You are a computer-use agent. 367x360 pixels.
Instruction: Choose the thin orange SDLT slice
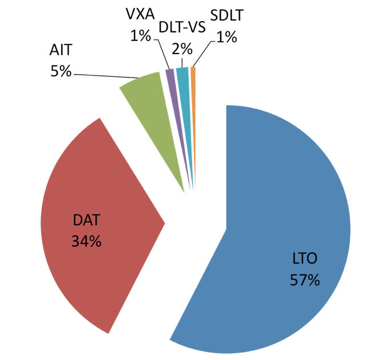tap(193, 85)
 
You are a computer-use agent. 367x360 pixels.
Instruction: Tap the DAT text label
tap(87, 220)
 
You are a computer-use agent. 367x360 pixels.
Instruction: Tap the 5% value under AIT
tap(60, 72)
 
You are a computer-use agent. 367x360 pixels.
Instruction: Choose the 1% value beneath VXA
tap(140, 36)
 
